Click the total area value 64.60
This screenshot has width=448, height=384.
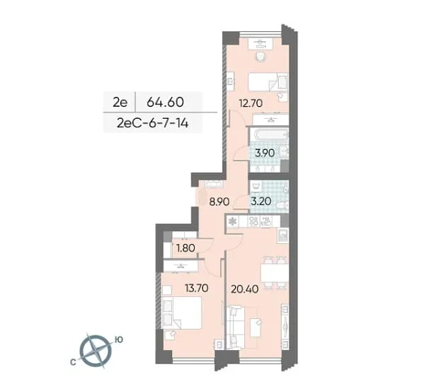click(x=165, y=102)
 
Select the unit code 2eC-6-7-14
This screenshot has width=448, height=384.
click(x=153, y=123)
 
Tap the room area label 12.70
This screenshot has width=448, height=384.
click(x=251, y=103)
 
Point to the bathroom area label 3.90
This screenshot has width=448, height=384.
click(x=265, y=153)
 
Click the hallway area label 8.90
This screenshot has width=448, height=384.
click(x=219, y=202)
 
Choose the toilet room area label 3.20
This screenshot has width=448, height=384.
click(x=261, y=202)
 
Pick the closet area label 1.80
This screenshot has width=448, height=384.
click(x=185, y=248)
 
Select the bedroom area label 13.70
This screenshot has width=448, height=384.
click(x=197, y=288)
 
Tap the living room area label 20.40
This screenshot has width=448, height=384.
click(x=245, y=289)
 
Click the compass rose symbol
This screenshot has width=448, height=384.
click(x=95, y=351)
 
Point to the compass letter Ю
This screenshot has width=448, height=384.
click(x=119, y=339)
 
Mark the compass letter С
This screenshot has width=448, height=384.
click(x=73, y=362)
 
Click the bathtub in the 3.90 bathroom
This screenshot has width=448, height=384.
click(x=269, y=135)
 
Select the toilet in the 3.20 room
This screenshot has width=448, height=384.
click(x=283, y=205)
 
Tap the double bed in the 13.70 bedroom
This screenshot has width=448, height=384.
click(x=181, y=313)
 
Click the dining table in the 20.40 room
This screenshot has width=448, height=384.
click(x=275, y=273)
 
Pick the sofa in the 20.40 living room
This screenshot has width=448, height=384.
click(x=235, y=327)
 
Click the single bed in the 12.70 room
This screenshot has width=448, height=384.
click(x=268, y=82)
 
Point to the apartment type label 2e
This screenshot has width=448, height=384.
click(x=120, y=103)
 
